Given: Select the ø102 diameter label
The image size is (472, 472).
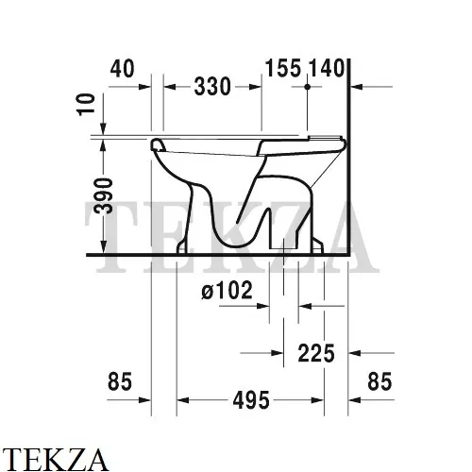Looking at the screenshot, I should click(x=228, y=292).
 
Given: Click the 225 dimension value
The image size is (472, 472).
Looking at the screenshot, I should click(x=315, y=353).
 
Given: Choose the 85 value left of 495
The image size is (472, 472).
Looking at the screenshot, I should click(x=119, y=382).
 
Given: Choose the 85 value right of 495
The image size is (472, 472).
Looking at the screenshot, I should click(x=378, y=382).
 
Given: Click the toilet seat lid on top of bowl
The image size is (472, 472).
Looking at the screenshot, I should click(x=250, y=141).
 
